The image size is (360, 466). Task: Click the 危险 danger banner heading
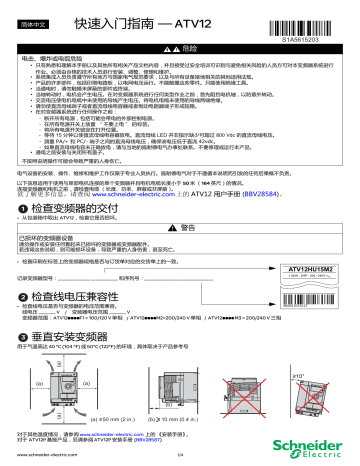(186, 49)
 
